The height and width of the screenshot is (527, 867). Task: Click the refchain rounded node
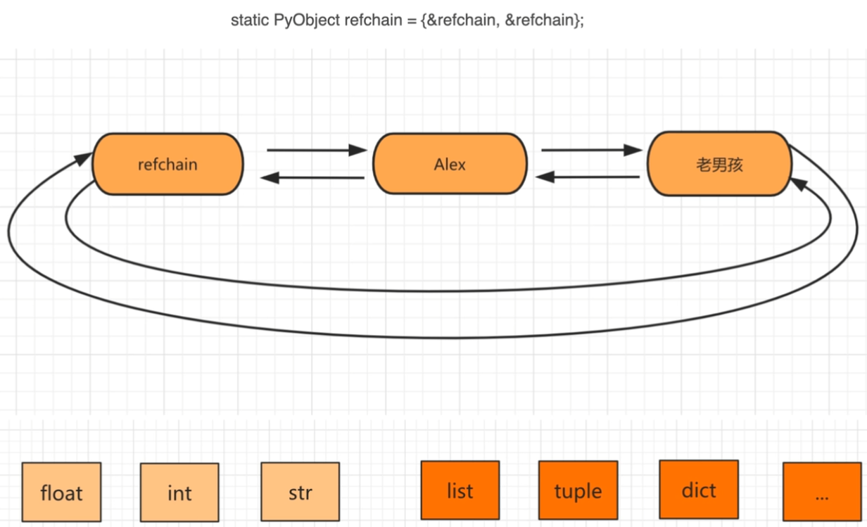click(167, 164)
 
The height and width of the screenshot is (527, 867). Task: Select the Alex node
click(450, 164)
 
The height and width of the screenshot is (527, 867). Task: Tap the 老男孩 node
click(719, 164)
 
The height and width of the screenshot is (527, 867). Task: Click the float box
click(61, 492)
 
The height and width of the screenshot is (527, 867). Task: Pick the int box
click(179, 493)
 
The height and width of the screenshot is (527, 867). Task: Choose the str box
click(300, 491)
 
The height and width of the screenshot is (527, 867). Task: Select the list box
click(460, 490)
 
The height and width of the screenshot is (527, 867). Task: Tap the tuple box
click(578, 490)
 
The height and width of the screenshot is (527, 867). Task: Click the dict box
click(699, 490)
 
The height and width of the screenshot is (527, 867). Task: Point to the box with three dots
click(822, 491)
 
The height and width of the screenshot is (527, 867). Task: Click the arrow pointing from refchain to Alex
click(317, 150)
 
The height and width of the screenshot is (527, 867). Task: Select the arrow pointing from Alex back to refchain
click(312, 178)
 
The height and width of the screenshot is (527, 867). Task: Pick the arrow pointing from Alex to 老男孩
click(592, 150)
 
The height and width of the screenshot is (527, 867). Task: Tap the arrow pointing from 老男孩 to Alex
click(587, 177)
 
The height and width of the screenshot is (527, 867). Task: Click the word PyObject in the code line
click(307, 20)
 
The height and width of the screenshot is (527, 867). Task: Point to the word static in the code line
click(250, 20)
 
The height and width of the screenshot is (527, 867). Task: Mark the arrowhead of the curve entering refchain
click(83, 158)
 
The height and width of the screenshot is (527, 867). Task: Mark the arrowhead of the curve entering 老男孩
click(799, 184)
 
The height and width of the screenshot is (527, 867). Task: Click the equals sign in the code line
click(412, 21)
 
